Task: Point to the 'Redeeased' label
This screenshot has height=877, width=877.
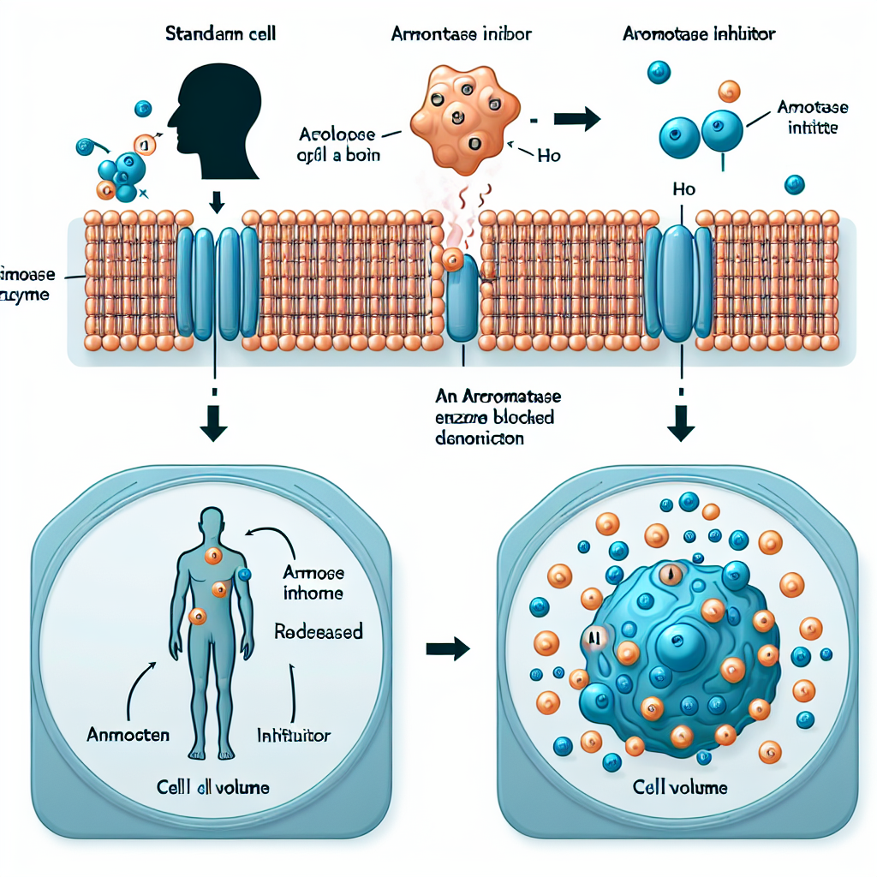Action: [x=318, y=632]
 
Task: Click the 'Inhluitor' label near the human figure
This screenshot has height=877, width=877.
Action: [x=294, y=735]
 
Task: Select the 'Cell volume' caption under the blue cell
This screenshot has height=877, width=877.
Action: [x=680, y=787]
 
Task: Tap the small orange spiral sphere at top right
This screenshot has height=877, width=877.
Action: [x=729, y=91]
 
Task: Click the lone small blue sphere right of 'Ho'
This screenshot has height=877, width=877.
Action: [x=794, y=184]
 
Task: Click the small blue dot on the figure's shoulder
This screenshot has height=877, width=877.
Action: [x=244, y=575]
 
